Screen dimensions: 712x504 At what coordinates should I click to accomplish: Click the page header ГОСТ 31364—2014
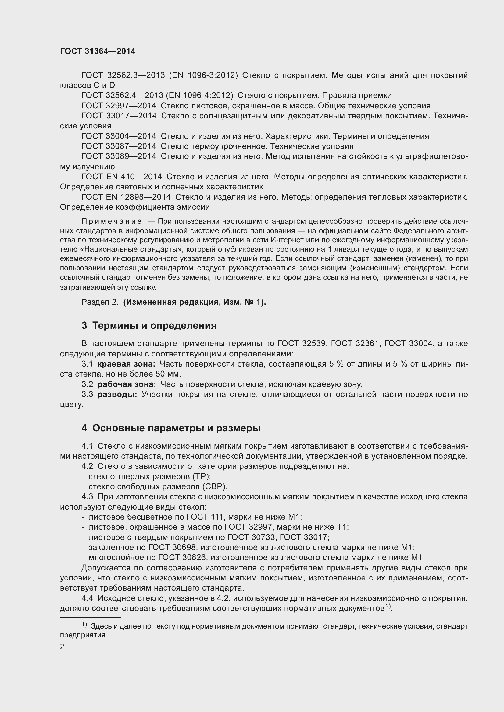98,51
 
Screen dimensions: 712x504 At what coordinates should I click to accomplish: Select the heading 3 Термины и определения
149,326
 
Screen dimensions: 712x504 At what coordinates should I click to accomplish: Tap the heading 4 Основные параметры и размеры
171,428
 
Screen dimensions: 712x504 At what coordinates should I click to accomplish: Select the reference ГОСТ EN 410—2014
122,177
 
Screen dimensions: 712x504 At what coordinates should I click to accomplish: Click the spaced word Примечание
112,221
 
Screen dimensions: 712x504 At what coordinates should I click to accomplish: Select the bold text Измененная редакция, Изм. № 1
195,302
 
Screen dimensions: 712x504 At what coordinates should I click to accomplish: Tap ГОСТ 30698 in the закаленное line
172,547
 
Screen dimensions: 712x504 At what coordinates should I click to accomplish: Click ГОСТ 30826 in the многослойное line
182,557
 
